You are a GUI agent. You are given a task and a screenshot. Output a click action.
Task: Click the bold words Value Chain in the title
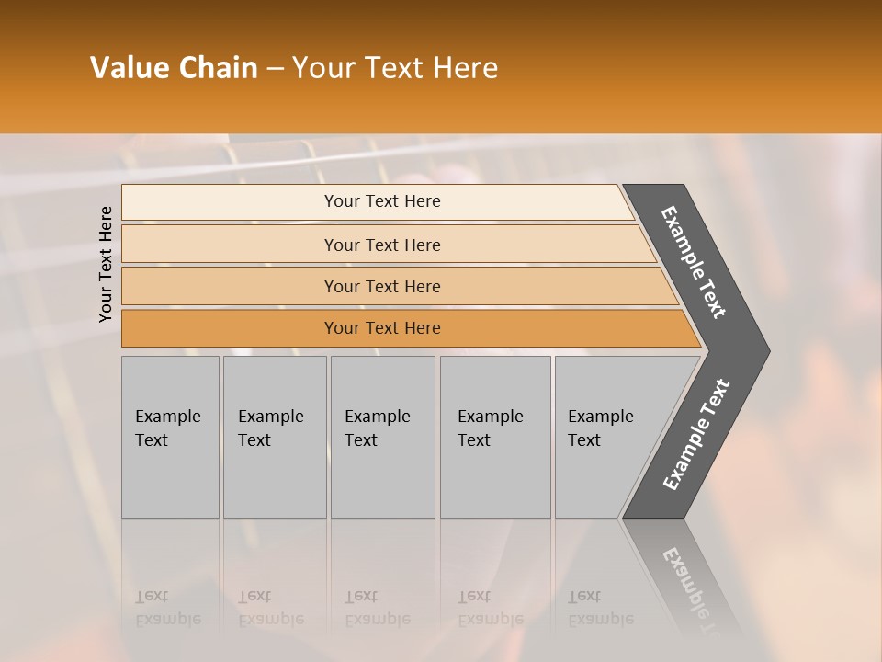[x=174, y=68]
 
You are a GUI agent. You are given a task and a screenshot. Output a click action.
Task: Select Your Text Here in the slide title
[x=395, y=68]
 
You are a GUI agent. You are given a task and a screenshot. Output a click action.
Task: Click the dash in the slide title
[x=274, y=69]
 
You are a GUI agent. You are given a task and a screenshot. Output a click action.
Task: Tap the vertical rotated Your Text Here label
[x=106, y=264]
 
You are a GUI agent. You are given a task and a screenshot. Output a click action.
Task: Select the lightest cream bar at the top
[x=382, y=201]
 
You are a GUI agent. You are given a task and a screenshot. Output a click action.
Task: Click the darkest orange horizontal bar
[x=382, y=328]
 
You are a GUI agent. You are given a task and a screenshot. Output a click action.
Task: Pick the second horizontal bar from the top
[x=382, y=245]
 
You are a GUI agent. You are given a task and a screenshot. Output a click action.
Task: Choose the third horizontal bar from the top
[x=382, y=286]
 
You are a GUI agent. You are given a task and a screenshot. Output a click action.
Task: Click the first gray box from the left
[x=170, y=437]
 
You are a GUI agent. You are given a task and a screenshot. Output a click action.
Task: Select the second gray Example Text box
[x=275, y=437]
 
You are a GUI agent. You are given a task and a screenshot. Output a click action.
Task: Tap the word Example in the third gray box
[x=377, y=417]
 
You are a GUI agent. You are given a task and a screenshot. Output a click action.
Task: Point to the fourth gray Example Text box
[x=495, y=437]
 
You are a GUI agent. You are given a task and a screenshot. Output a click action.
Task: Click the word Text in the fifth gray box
[x=583, y=440]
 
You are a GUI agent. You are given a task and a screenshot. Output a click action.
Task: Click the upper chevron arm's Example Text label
[x=694, y=262]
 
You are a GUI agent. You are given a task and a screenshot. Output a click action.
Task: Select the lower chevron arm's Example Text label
[x=696, y=434]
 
